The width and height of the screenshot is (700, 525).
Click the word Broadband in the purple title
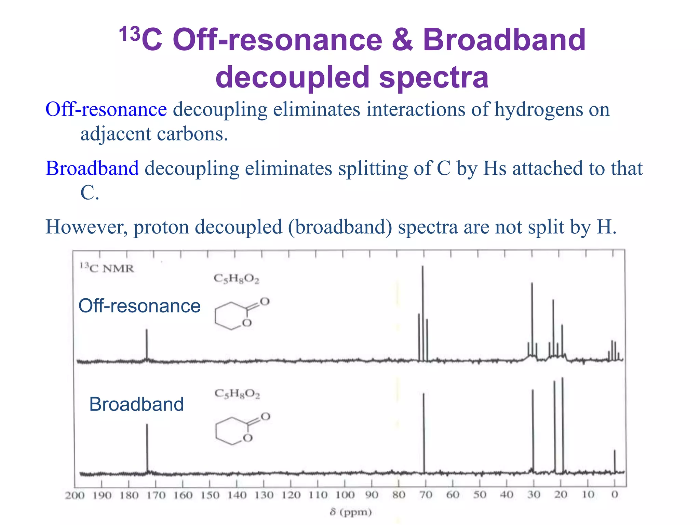(x=504, y=40)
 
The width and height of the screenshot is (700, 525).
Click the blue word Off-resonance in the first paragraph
(x=106, y=109)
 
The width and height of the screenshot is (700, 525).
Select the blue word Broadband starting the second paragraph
(x=92, y=168)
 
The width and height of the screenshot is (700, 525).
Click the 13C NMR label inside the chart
(x=107, y=268)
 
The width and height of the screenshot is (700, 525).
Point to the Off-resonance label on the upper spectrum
(x=139, y=306)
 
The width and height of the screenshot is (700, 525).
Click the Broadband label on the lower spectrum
(x=136, y=404)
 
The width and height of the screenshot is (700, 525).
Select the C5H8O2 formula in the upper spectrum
(x=237, y=279)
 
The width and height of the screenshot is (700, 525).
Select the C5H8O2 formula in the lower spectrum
(x=237, y=394)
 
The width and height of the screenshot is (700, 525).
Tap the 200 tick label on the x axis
(x=75, y=495)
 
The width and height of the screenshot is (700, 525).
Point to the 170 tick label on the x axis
(x=156, y=495)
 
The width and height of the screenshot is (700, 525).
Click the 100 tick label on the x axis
(x=345, y=495)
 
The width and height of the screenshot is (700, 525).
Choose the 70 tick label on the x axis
(x=426, y=495)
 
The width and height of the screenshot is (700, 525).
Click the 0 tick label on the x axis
(x=615, y=495)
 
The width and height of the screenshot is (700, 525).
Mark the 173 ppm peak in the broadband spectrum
(x=147, y=448)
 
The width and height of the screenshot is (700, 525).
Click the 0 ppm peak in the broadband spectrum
(x=615, y=461)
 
